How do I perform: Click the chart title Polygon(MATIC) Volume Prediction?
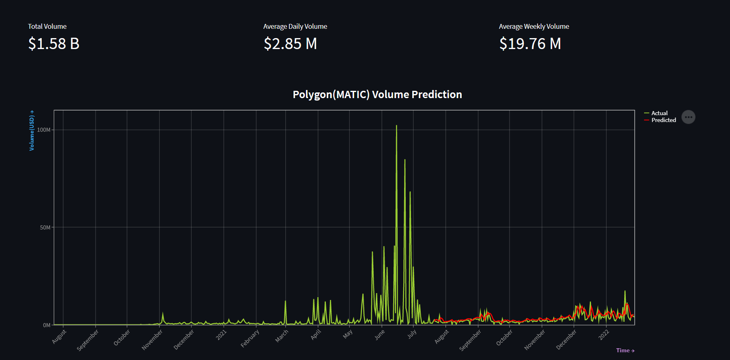[x=377, y=94]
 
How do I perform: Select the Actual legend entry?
[x=659, y=113]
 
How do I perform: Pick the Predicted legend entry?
[x=663, y=120]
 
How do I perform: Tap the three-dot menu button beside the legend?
[x=688, y=117]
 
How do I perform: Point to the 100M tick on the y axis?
[x=44, y=130]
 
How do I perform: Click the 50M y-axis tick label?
[x=45, y=227]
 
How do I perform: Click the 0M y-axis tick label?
[x=47, y=325]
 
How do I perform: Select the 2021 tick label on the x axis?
[x=221, y=335]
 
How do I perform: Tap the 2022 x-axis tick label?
[x=604, y=335]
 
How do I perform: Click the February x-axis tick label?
[x=250, y=339]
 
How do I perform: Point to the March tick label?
[x=282, y=336]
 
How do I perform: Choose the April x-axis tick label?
[x=316, y=334]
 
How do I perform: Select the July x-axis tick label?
[x=412, y=334]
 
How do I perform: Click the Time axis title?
[x=625, y=350]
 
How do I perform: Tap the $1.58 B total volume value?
[x=54, y=44]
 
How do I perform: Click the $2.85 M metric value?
[x=290, y=44]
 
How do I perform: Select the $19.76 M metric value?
[x=530, y=44]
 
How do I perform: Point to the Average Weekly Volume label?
[x=534, y=26]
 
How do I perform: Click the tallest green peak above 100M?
[x=396, y=126]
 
